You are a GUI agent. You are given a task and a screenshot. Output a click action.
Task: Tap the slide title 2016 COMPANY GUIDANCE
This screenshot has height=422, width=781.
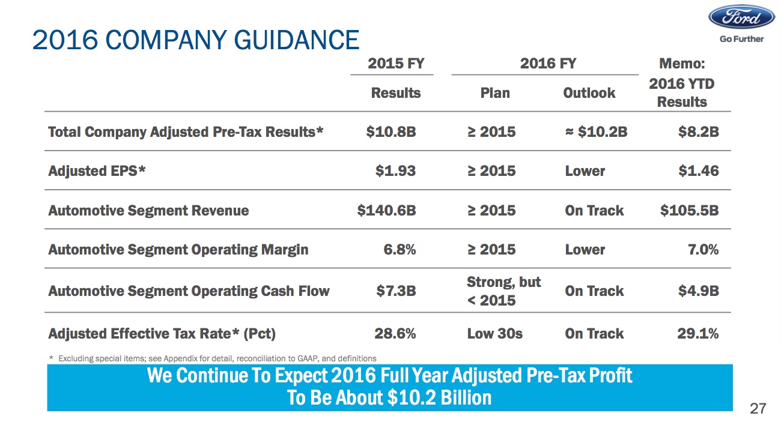click(x=196, y=40)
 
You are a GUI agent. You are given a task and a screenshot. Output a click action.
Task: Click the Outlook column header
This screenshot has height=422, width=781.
click(x=589, y=93)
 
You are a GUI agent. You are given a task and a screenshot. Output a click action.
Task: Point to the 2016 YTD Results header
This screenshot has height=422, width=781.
click(x=682, y=93)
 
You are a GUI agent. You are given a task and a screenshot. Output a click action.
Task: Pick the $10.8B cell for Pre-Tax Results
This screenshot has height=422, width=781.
click(x=390, y=132)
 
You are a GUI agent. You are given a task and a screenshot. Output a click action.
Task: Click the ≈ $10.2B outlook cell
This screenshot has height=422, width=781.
click(x=596, y=132)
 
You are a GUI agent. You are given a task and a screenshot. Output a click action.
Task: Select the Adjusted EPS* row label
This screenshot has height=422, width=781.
click(x=97, y=171)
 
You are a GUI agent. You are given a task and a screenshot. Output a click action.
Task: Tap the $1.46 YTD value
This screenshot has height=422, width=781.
click(x=699, y=171)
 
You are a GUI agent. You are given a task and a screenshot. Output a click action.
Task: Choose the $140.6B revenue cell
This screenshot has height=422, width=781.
click(x=386, y=211)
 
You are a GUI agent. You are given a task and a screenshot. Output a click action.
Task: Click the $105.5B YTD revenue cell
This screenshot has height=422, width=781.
click(x=689, y=211)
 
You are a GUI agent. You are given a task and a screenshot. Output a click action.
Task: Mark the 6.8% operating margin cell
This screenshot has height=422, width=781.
click(x=400, y=250)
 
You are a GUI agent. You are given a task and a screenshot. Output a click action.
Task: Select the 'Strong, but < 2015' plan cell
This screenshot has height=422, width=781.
click(x=503, y=291)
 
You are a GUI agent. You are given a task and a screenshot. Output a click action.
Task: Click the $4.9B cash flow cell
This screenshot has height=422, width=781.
click(x=699, y=291)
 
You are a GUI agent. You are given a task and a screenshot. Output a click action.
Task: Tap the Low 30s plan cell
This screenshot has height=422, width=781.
click(x=494, y=334)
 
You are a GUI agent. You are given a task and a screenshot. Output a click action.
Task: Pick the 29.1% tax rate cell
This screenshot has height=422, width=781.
click(x=697, y=334)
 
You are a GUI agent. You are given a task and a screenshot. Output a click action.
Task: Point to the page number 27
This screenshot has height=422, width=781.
click(x=759, y=409)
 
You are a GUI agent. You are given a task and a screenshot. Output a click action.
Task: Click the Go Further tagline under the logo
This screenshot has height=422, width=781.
click(x=741, y=39)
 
